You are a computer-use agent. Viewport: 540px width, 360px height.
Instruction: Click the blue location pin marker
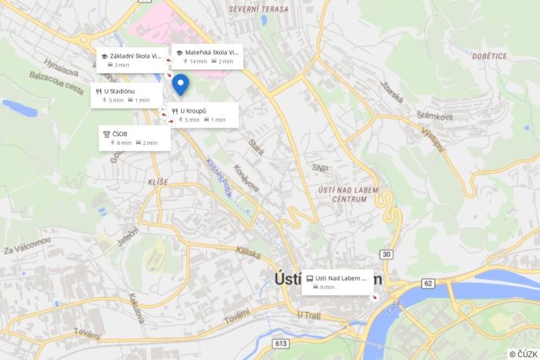pos(180,84)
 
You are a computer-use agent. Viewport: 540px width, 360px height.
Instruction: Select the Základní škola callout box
pos(131,60)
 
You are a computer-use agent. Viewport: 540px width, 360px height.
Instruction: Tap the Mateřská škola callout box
pos(206,57)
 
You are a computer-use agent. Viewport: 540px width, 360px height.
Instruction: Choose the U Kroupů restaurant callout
pos(202,115)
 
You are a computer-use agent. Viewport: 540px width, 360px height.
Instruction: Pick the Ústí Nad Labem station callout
pos(338,282)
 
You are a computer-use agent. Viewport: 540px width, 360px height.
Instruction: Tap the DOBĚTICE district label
pos(490,56)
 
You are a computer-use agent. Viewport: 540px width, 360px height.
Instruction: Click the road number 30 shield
pos(386,254)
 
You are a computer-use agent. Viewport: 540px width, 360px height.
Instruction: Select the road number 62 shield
pos(428,283)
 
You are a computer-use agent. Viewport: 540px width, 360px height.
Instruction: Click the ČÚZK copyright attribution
pos(523,354)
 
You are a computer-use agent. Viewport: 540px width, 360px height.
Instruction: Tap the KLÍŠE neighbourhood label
pos(157,182)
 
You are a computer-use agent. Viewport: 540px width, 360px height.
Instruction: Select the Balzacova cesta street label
pos(57,82)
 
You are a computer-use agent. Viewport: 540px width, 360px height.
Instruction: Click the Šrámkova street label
pos(435,117)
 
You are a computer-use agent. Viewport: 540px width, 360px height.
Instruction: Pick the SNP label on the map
pos(320,168)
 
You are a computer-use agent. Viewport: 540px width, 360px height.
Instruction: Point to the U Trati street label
pos(309,315)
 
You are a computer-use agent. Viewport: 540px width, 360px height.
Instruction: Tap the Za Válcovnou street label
pos(27,245)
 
